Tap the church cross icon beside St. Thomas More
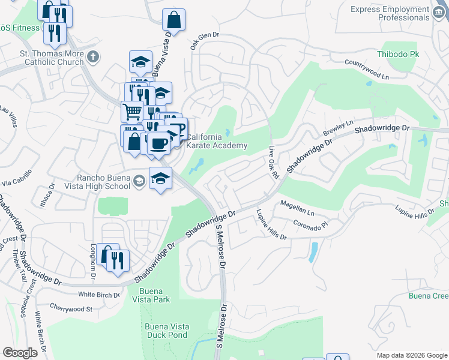[x=92, y=58]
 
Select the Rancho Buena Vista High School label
[x=103, y=181]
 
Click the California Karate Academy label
[x=217, y=141]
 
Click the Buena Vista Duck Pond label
[x=167, y=331]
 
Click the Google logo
[x=20, y=353]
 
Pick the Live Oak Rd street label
[x=275, y=162]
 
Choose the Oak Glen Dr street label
[x=205, y=41]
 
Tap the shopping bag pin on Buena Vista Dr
[x=173, y=20]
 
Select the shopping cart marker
[x=132, y=111]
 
